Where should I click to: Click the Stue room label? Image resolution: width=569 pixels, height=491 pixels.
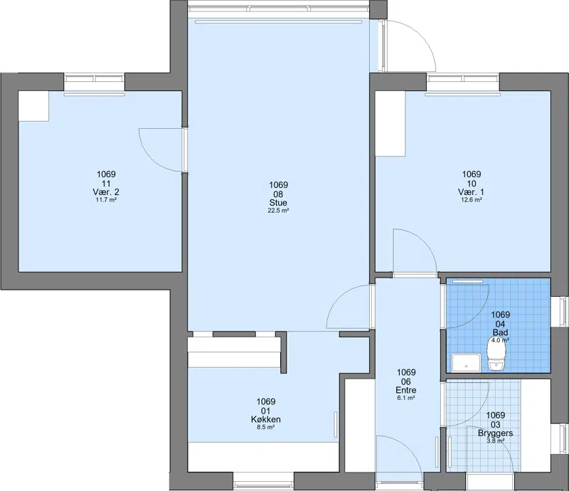[278, 203]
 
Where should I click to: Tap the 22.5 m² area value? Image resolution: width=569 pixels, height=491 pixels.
[278, 211]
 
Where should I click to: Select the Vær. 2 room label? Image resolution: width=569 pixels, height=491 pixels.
[106, 191]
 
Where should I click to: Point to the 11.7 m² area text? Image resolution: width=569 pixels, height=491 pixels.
[106, 200]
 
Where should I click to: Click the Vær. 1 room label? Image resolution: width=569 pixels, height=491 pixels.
[471, 191]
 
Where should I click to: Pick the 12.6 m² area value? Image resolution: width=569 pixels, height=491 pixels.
[472, 200]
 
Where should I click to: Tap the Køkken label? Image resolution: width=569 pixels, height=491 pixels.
[265, 419]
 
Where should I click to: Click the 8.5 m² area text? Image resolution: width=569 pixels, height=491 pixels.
[265, 428]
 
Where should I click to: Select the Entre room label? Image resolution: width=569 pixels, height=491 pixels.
[406, 390]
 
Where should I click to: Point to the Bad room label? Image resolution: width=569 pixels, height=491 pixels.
[501, 332]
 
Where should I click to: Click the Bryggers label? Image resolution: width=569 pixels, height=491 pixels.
[496, 433]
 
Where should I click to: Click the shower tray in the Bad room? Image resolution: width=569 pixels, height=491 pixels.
[467, 363]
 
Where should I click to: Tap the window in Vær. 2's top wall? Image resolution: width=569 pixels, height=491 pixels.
[95, 79]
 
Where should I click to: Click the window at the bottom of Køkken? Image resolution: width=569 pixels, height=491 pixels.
[263, 483]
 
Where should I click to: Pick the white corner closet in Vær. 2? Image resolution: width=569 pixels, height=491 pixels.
[33, 106]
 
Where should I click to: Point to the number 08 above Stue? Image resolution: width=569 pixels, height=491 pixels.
[278, 194]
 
